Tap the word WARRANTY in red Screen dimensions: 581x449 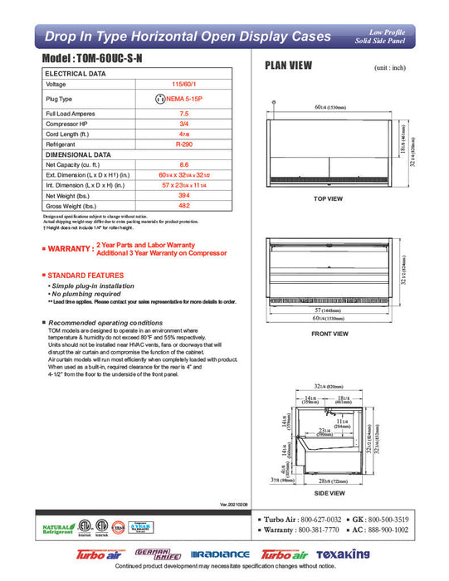70,248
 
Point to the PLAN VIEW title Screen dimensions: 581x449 288,68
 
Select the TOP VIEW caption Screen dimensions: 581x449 329,199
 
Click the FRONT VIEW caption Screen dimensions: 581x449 329,334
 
